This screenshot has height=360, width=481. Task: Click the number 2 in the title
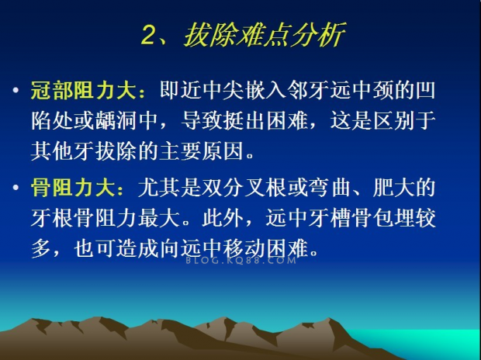pyautogui.click(x=150, y=36)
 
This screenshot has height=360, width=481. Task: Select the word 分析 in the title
pyautogui.click(x=320, y=35)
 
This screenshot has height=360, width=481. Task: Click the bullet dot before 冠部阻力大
pyautogui.click(x=16, y=91)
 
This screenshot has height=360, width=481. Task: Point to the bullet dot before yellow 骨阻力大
pyautogui.click(x=16, y=187)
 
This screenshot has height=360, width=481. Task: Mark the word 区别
pyautogui.click(x=394, y=121)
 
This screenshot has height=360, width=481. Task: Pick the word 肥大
pyautogui.click(x=394, y=187)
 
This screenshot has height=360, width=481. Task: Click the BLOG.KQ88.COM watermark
pyautogui.click(x=241, y=261)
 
